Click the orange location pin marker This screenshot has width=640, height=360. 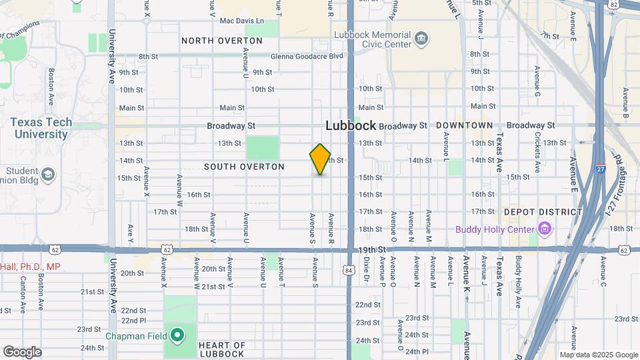(320, 159)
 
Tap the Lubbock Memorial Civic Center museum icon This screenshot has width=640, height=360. (421, 39)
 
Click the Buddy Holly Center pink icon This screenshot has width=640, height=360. (545, 230)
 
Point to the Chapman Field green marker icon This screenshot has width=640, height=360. (177, 335)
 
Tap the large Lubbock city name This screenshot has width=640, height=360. (351, 125)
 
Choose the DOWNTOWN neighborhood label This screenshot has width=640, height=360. (464, 125)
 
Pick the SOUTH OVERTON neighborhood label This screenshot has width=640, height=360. (244, 167)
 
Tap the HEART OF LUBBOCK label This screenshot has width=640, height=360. (222, 349)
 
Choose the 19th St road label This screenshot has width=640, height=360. (372, 249)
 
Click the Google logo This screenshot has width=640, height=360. (22, 352)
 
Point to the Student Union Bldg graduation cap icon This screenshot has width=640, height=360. (48, 175)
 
